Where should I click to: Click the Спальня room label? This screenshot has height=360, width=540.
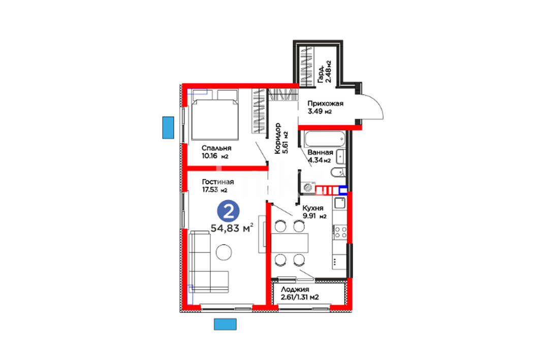(216, 148)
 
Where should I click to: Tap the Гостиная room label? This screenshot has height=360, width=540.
(217, 182)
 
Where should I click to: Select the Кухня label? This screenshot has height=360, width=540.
(313, 208)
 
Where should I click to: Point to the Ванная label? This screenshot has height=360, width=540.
(320, 152)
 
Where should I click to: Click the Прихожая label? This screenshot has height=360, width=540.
(325, 103)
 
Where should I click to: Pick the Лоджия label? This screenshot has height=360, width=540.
(295, 289)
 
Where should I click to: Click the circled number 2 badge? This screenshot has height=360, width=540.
(228, 211)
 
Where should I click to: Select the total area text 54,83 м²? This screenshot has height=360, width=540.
(232, 227)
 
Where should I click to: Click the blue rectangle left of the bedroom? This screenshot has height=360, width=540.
(168, 127)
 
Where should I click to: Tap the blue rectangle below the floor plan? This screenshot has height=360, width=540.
(225, 324)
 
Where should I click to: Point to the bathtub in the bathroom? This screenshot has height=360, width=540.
(325, 139)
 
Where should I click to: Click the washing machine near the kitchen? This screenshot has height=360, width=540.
(308, 187)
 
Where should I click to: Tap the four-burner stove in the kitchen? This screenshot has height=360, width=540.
(340, 232)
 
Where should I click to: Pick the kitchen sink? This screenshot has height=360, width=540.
(340, 203)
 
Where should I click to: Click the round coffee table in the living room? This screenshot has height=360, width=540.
(224, 252)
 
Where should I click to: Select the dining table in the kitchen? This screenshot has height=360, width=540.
(290, 243)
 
